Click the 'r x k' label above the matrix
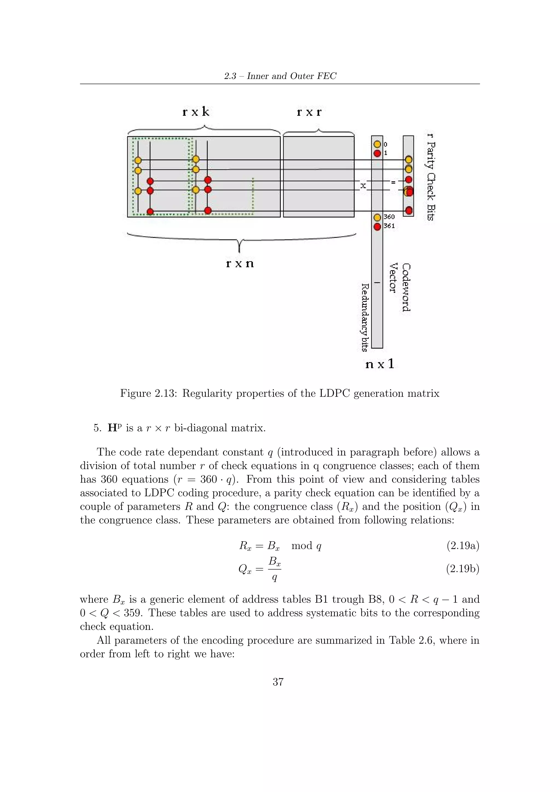pos(196,112)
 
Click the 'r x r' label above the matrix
pos(309,112)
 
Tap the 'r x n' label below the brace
pos(240,264)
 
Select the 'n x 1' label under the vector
pos(379,364)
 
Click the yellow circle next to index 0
pos(377,144)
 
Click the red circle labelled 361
pos(377,226)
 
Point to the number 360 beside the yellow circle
pos(389,217)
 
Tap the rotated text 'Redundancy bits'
pos(365,317)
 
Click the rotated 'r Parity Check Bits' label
pos(431,177)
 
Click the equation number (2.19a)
pos(463,546)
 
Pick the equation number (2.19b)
pos(463,569)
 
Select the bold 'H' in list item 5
pos(112,428)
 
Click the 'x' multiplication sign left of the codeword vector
pos(363,186)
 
